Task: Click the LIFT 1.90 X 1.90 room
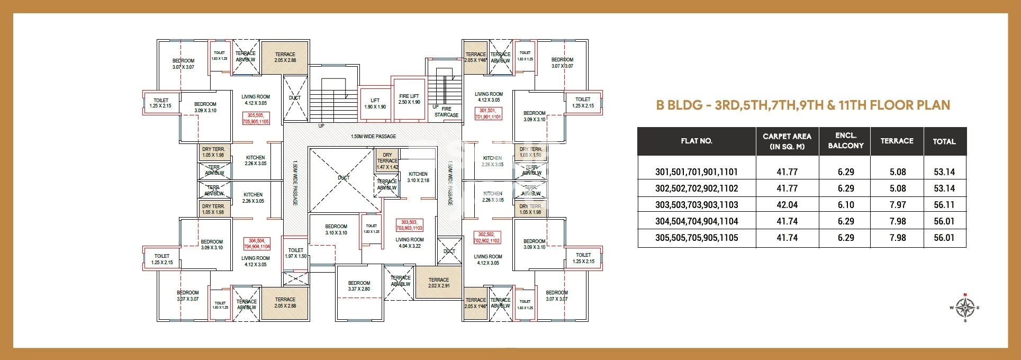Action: tap(375, 103)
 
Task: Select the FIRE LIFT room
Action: tap(409, 99)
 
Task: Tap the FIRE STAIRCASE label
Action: tap(446, 112)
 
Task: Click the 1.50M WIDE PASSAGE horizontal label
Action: tap(373, 137)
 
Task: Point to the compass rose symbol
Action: tap(965, 307)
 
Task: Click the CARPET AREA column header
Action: tap(787, 141)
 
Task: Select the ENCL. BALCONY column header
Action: tap(845, 141)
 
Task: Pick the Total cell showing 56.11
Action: tap(944, 205)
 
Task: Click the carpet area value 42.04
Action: tap(787, 205)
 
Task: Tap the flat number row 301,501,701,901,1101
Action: tap(696, 172)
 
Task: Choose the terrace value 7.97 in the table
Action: tap(897, 205)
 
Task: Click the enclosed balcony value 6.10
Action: tap(845, 205)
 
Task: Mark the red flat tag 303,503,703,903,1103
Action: tap(410, 225)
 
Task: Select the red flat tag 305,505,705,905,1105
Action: tap(256, 118)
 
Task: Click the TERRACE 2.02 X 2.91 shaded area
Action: tap(438, 283)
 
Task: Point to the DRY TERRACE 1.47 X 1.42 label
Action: tap(387, 161)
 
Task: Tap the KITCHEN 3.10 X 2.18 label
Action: tap(418, 177)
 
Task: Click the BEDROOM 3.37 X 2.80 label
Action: tap(359, 286)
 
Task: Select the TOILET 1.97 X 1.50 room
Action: tap(295, 253)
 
